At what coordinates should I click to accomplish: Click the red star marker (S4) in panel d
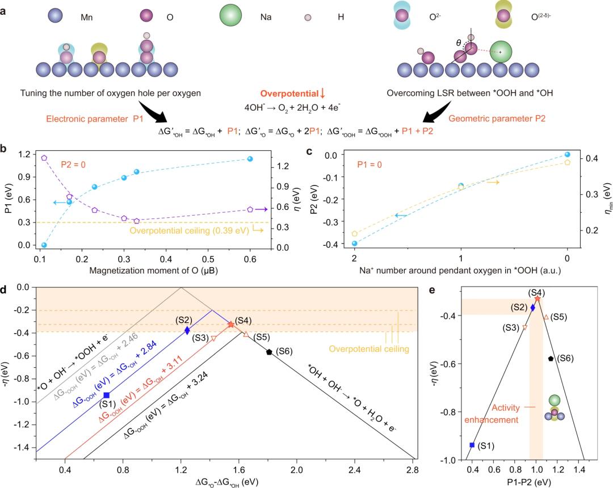(x=230, y=325)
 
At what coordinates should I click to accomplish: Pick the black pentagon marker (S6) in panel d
(x=269, y=352)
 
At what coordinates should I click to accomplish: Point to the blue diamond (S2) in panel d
(x=187, y=330)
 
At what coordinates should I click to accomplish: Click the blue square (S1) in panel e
(x=472, y=445)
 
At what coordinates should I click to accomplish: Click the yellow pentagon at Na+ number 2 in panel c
(x=355, y=233)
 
